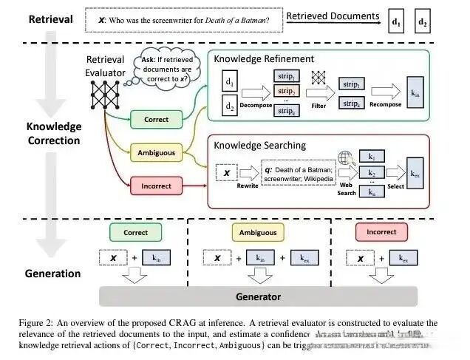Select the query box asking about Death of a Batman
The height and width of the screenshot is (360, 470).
[x=184, y=21]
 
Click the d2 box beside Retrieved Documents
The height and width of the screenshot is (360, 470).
[x=423, y=21]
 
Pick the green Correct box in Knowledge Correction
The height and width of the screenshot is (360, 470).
[x=156, y=119]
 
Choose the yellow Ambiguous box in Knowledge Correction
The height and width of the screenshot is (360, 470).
[x=156, y=153]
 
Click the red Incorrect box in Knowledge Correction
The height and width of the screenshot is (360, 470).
[x=156, y=186]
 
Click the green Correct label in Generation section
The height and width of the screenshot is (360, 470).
[x=135, y=232]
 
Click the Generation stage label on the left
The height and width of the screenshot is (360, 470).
[x=52, y=274]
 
